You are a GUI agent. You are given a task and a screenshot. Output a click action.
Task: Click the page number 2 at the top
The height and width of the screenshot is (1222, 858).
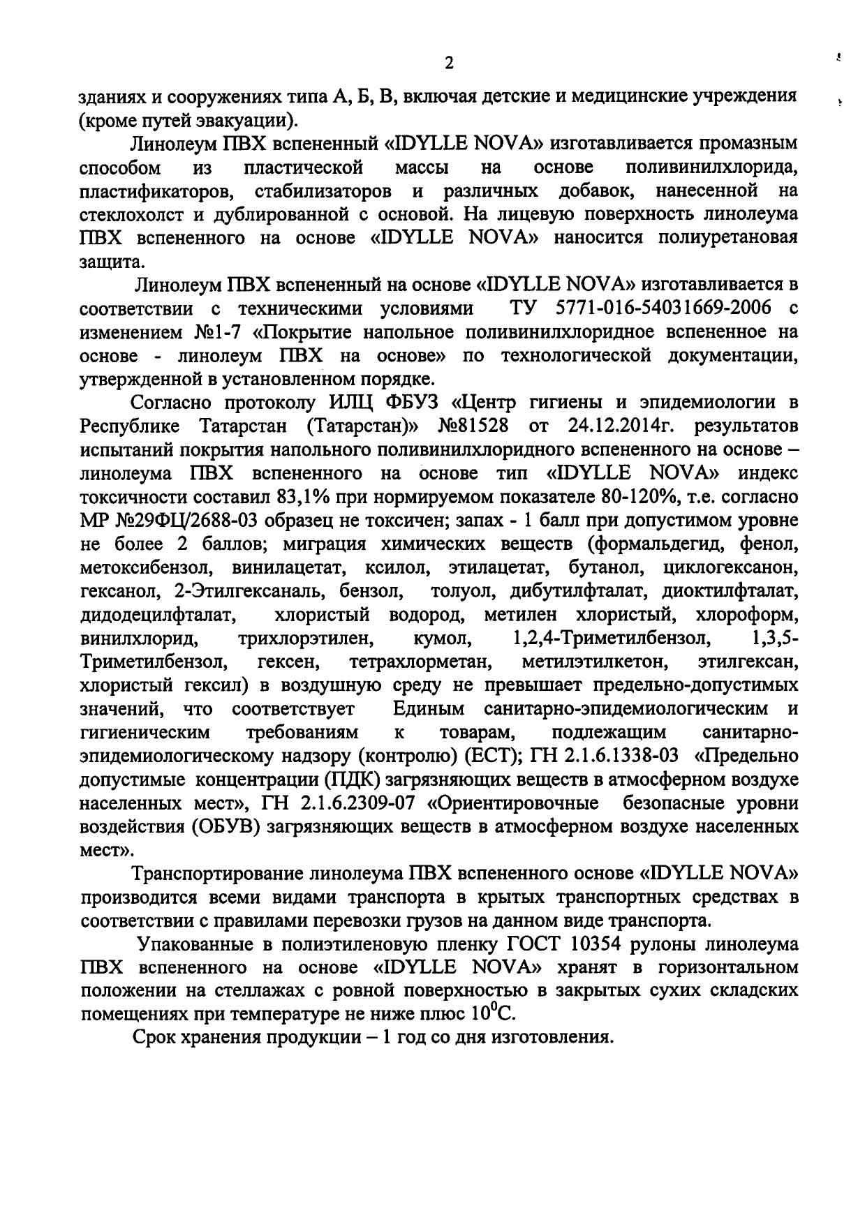pyautogui.click(x=449, y=64)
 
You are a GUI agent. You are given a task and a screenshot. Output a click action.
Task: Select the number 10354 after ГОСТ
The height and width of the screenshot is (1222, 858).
pyautogui.click(x=599, y=944)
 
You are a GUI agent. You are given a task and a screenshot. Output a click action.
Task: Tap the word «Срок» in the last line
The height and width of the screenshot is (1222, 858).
pyautogui.click(x=156, y=1037)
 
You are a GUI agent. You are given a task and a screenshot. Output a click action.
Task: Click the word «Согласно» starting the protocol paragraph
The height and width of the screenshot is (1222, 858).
pyautogui.click(x=173, y=403)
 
